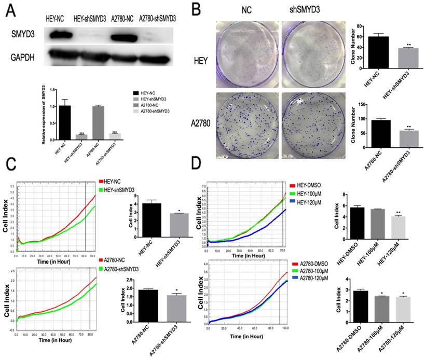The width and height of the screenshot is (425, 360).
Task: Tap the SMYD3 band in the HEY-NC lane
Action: click(57, 36)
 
